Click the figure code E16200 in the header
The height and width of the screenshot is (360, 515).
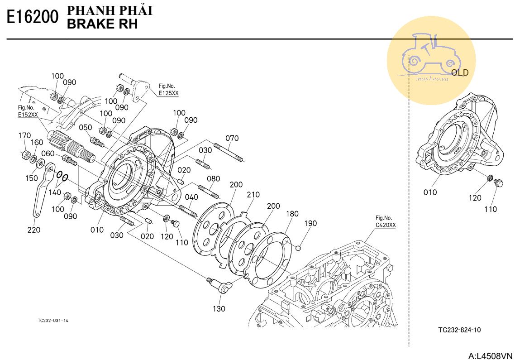click(33, 17)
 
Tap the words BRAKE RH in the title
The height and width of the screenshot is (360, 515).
click(102, 24)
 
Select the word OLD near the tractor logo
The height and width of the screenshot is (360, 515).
click(459, 72)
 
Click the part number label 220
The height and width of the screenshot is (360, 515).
click(34, 230)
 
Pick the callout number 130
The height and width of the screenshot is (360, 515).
click(219, 309)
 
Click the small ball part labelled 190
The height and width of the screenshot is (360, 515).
click(298, 248)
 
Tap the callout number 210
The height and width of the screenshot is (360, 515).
click(253, 195)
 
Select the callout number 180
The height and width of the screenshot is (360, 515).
click(292, 214)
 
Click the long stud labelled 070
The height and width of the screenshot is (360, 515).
click(229, 153)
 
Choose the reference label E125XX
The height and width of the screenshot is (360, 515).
click(168, 93)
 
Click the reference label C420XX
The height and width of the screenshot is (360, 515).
click(386, 225)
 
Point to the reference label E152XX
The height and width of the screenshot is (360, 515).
click(28, 115)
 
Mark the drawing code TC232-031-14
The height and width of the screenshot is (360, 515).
click(53, 321)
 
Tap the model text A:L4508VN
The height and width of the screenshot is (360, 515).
click(490, 356)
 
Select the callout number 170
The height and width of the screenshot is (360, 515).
click(24, 135)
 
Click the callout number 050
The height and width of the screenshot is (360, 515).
click(86, 127)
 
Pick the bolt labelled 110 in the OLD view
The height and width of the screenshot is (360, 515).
click(498, 183)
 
